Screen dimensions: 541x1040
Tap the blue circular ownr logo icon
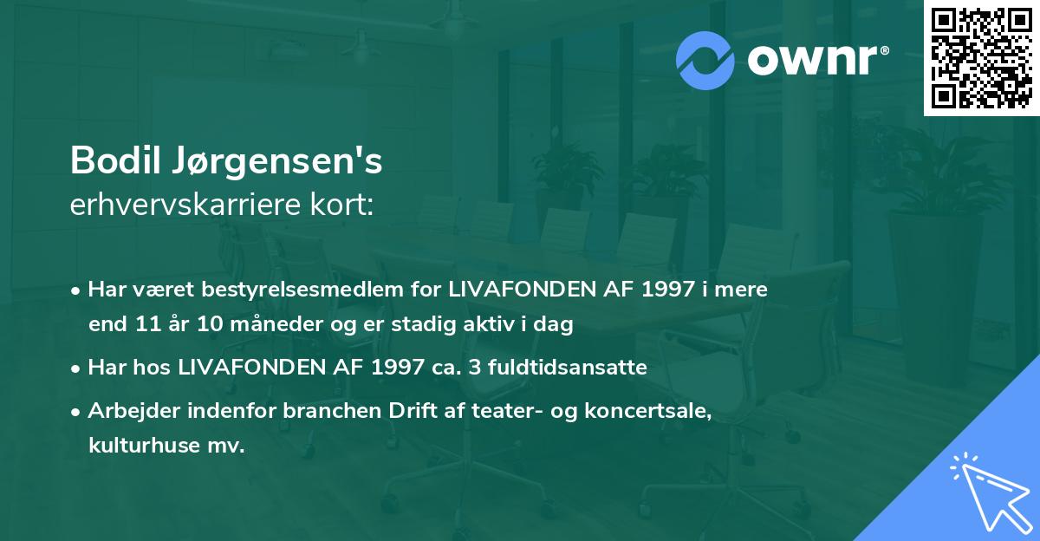tap(705, 61)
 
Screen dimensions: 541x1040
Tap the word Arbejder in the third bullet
tap(128, 411)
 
